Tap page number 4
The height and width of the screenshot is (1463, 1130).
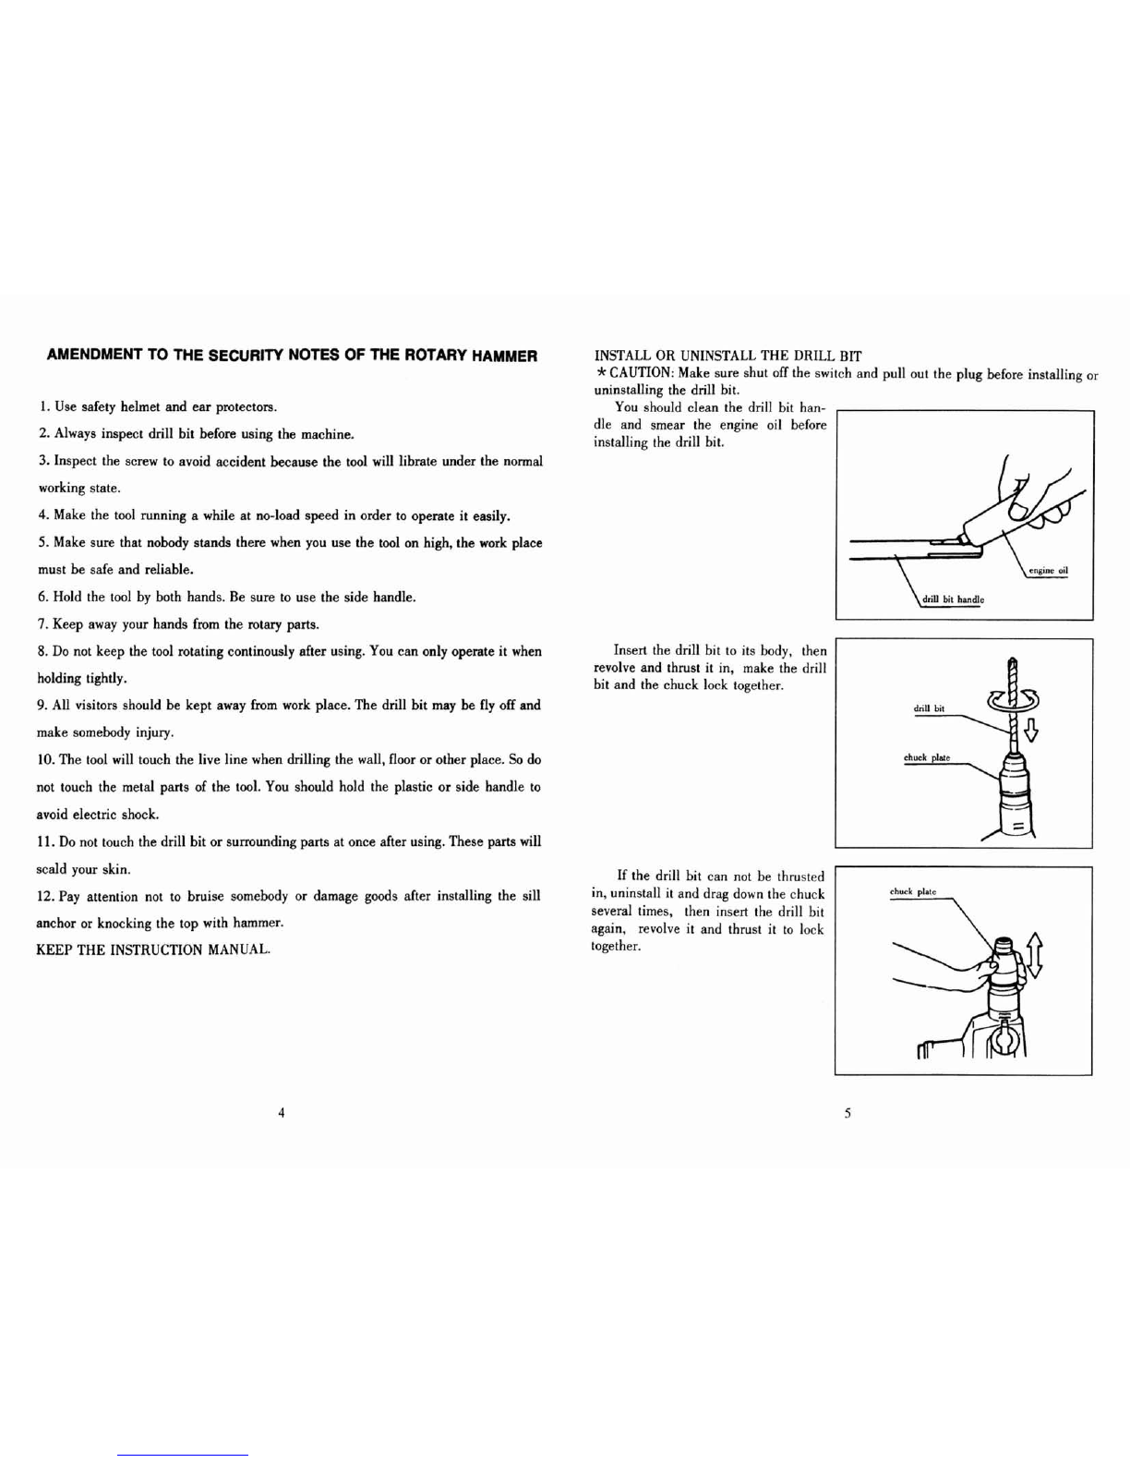[282, 1113]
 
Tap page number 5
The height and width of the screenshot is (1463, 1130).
[848, 1114]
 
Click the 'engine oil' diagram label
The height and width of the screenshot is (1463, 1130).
[1048, 571]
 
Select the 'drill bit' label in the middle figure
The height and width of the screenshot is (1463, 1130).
[929, 708]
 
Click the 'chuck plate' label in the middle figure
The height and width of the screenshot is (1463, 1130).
[927, 758]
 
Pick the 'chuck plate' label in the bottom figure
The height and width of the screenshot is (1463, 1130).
[913, 892]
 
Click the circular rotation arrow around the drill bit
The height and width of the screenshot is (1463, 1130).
[1012, 702]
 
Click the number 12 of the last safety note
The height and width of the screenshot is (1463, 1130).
[44, 896]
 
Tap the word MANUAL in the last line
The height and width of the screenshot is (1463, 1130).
[239, 950]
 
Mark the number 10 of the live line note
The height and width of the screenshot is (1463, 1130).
[45, 759]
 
